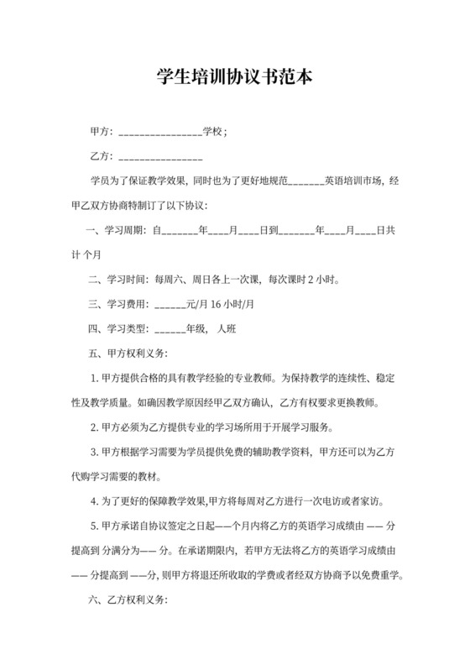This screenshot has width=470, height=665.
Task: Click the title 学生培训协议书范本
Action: tap(235, 77)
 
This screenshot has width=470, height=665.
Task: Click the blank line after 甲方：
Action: tap(160, 134)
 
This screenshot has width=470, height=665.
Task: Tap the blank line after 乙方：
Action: tap(160, 157)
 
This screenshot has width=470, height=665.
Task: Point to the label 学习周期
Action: tap(123, 229)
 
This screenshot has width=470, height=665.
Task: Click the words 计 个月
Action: tap(85, 254)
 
